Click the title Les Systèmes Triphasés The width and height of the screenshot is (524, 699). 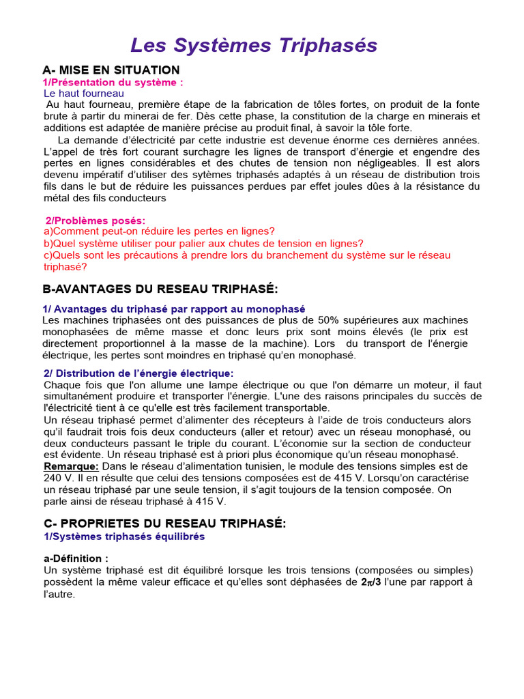(x=253, y=45)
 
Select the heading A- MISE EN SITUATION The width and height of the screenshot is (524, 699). (x=111, y=70)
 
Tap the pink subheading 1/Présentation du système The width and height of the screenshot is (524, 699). (x=113, y=82)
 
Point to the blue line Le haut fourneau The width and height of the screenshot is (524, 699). (x=84, y=93)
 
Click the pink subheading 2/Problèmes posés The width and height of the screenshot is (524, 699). (x=96, y=220)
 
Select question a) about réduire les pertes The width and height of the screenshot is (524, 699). (x=159, y=231)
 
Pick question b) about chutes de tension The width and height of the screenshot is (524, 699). (x=203, y=243)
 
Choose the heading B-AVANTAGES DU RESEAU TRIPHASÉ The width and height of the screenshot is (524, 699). (x=160, y=289)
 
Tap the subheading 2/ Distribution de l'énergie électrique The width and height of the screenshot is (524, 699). (x=139, y=373)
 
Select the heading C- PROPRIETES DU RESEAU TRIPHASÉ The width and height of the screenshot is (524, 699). (x=164, y=523)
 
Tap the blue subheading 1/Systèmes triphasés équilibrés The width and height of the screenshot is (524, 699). (x=124, y=537)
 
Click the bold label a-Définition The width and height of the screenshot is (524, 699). (x=76, y=558)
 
